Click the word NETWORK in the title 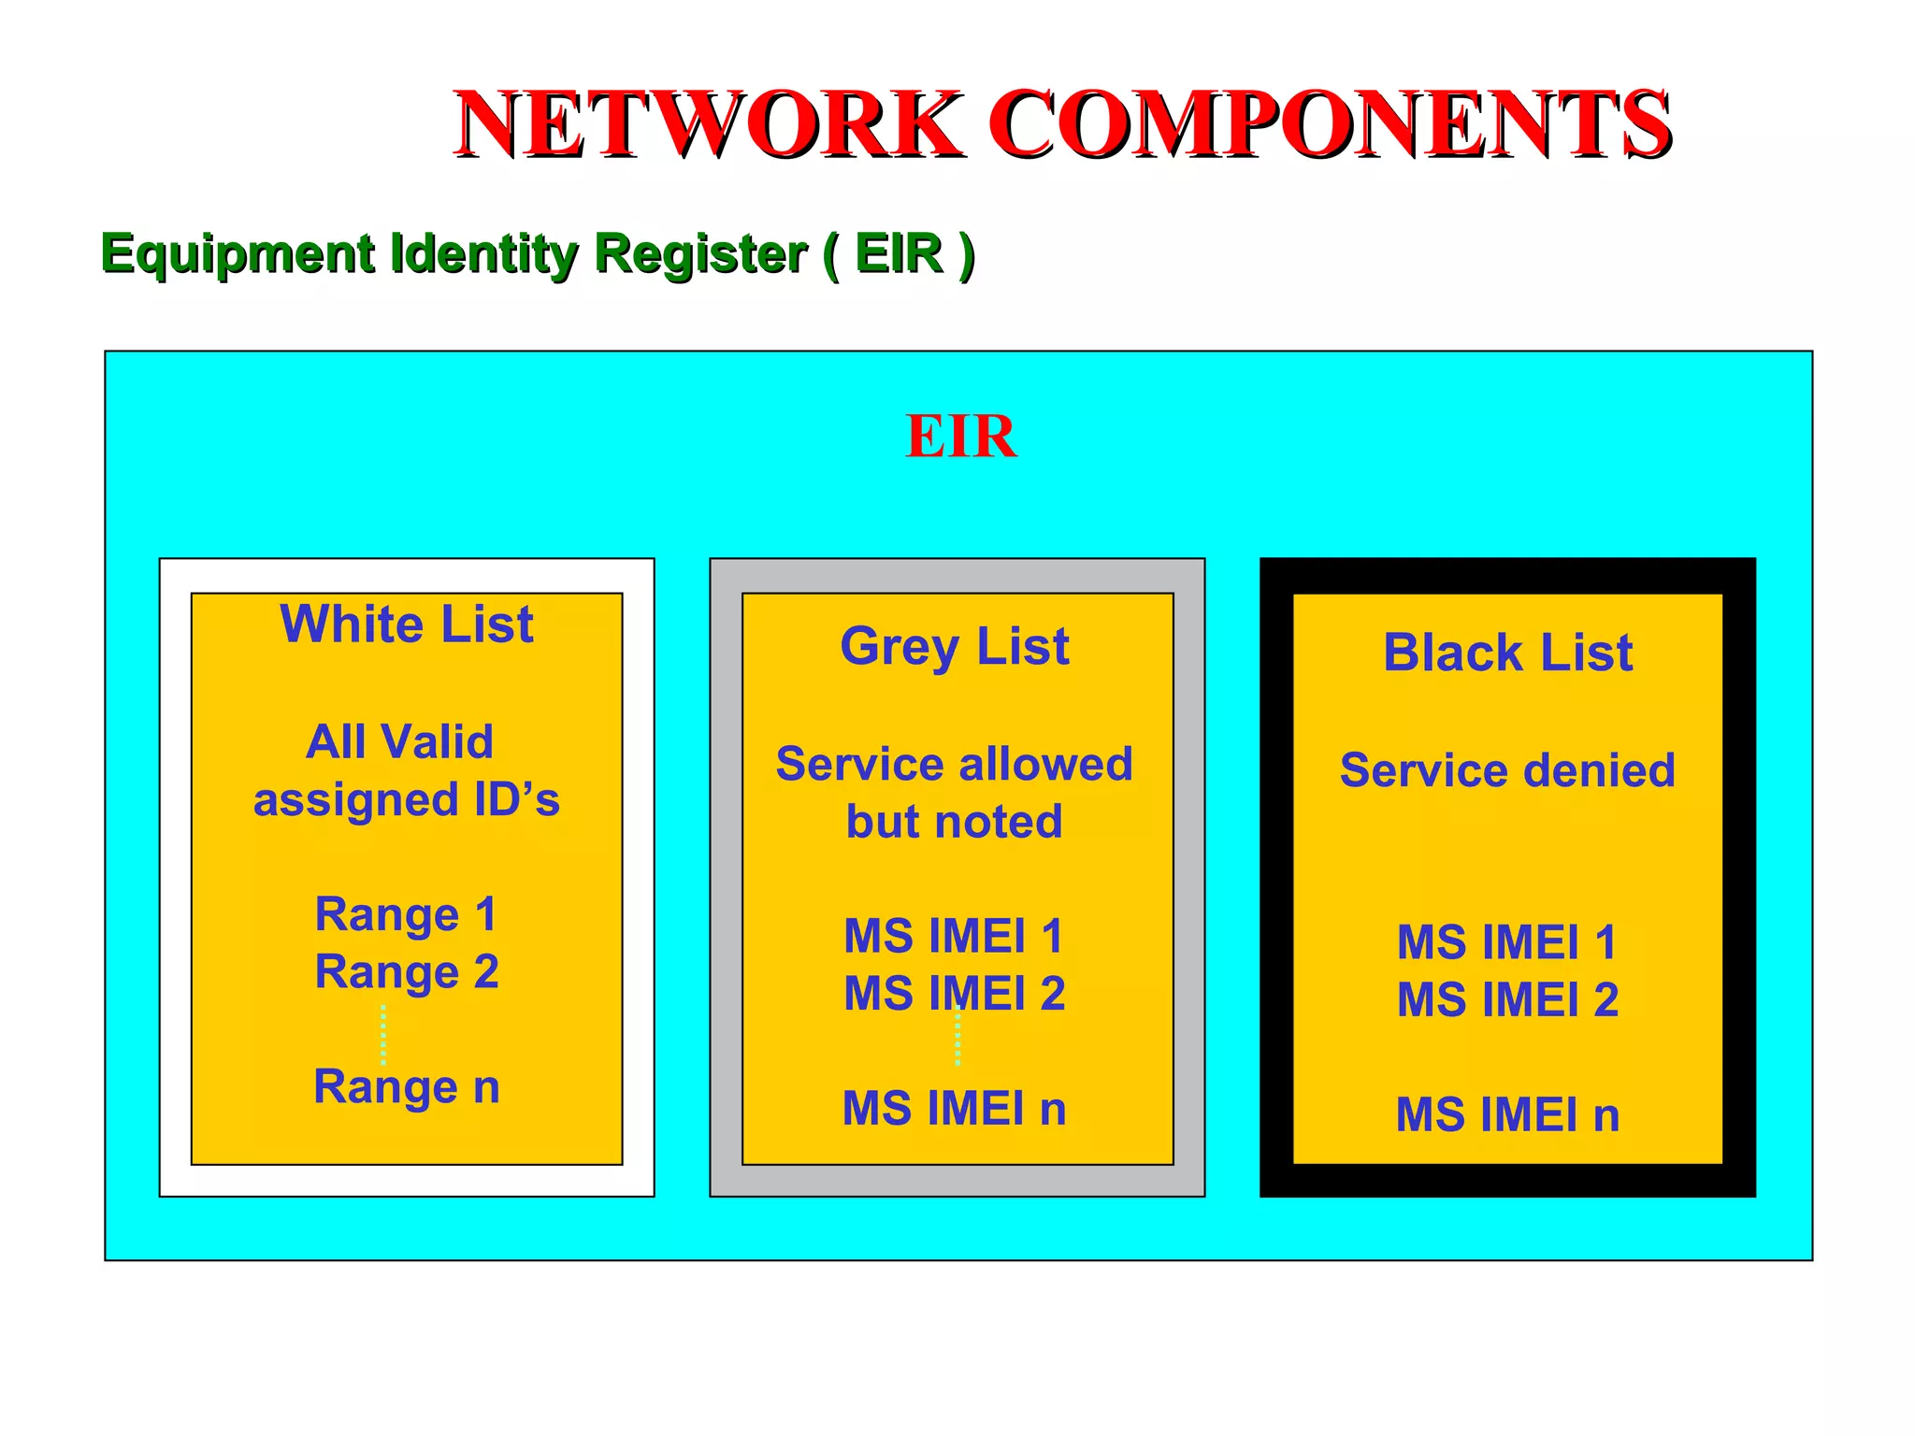click(708, 124)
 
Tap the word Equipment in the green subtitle click(238, 254)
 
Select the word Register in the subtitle click(700, 254)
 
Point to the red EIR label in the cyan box click(960, 437)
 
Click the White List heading click(407, 625)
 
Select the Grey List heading click(955, 647)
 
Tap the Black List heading click(1507, 653)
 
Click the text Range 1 click(406, 914)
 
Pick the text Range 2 click(407, 972)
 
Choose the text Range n click(407, 1087)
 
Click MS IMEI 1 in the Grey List click(954, 937)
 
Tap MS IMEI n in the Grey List click(954, 1109)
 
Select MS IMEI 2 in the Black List click(1507, 999)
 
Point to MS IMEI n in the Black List click(1507, 1115)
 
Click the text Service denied click(1507, 770)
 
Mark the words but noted click(954, 822)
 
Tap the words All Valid click(400, 742)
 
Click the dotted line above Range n click(383, 1034)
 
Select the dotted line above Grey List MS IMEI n click(957, 1038)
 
